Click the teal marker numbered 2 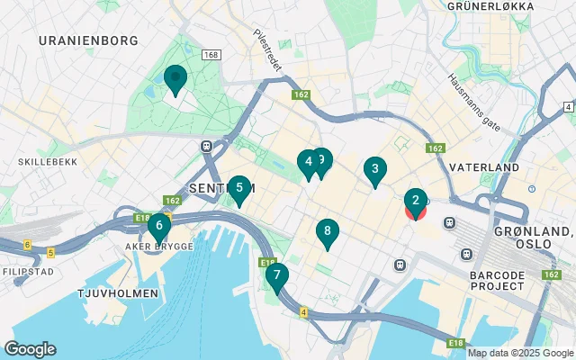[414, 201]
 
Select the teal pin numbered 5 [238, 188]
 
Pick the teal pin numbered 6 [158, 225]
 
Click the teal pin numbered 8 [327, 232]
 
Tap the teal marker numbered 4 [308, 162]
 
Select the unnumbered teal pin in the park [174, 79]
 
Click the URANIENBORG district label [88, 40]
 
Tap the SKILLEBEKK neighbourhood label [39, 162]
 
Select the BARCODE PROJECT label [498, 278]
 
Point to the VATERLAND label [484, 168]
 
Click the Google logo [30, 349]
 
